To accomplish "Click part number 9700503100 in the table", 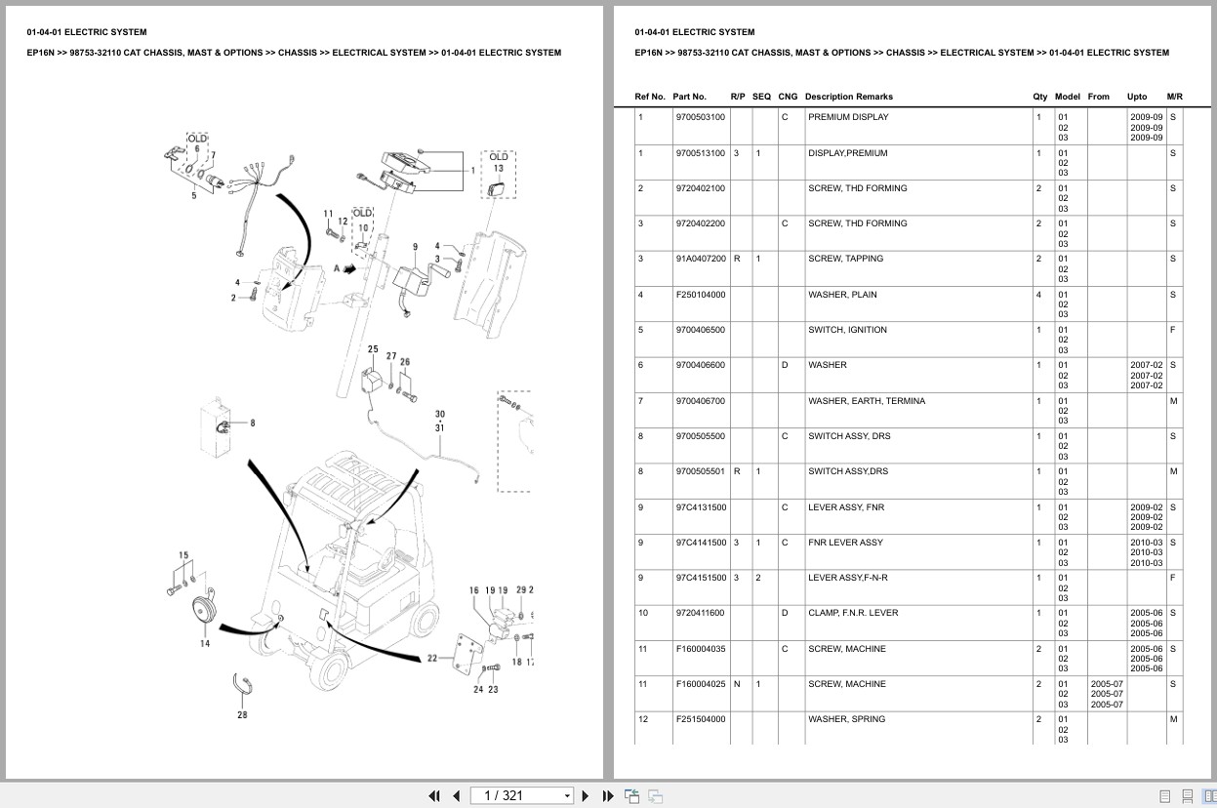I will [x=700, y=117].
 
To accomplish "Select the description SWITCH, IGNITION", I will [x=847, y=330].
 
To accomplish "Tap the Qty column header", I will [x=1039, y=97].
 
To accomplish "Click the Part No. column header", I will [x=689, y=97].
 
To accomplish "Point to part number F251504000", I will [x=700, y=719].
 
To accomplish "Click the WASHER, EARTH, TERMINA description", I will [x=866, y=401].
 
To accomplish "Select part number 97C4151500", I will [x=700, y=578].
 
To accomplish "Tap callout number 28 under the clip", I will [x=242, y=714].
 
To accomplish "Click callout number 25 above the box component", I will [x=373, y=349].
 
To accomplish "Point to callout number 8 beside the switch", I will [x=253, y=423].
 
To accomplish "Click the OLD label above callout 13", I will [x=498, y=156].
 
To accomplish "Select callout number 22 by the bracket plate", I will [x=432, y=659].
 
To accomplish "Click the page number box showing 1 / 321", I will [x=521, y=795].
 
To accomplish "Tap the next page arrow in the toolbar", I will [x=586, y=795].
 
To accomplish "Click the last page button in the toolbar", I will [x=607, y=795].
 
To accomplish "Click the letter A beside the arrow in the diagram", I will [x=336, y=267].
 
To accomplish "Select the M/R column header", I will [x=1174, y=97].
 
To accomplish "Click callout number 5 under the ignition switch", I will [x=193, y=195].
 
